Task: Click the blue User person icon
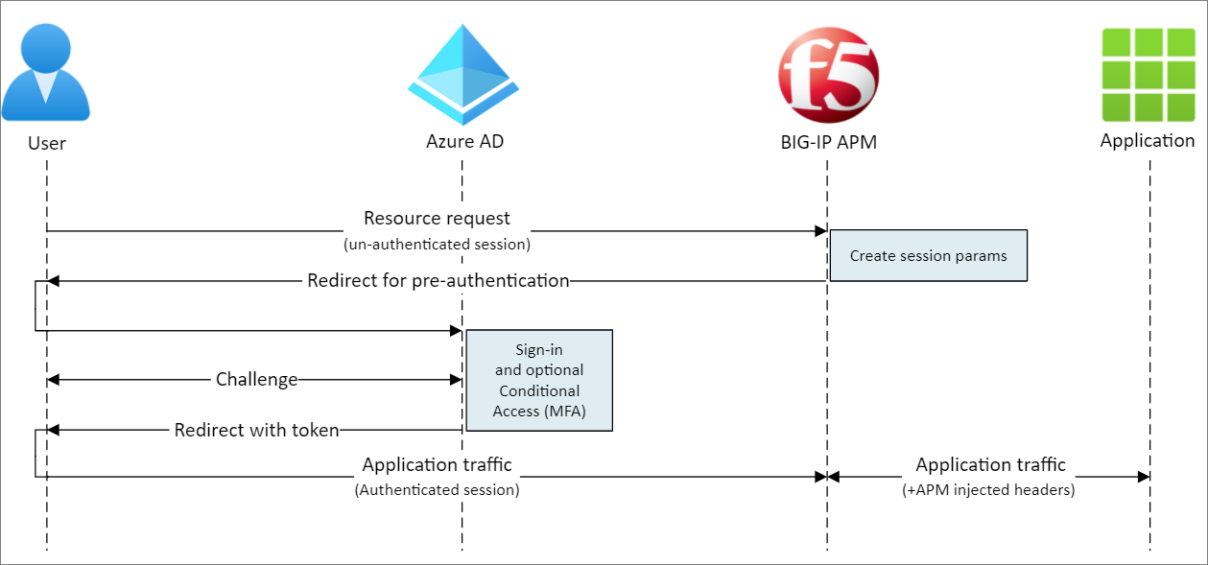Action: (46, 72)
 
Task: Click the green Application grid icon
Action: (1148, 73)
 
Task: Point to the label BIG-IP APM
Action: (828, 143)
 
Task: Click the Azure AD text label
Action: (464, 142)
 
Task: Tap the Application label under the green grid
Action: (1148, 141)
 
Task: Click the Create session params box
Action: (928, 255)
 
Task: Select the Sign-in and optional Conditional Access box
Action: (538, 381)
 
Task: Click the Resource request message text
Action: (437, 219)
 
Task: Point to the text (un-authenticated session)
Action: (437, 245)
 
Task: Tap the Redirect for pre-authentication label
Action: (438, 281)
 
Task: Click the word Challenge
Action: (256, 380)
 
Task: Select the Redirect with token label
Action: (257, 431)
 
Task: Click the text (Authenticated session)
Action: (437, 490)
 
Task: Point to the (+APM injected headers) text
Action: (990, 490)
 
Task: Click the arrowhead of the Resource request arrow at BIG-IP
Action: (820, 231)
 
